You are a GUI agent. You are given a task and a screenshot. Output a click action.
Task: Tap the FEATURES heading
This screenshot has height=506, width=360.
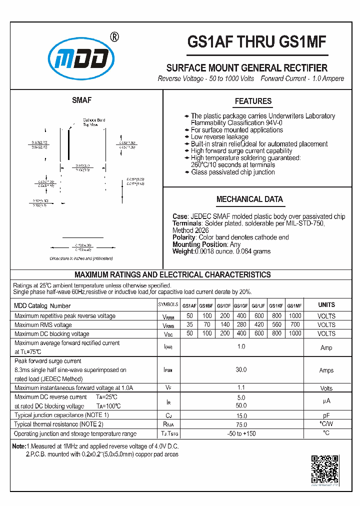pos(253,101)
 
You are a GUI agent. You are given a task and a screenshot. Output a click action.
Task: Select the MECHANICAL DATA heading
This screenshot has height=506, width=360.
pos(249,199)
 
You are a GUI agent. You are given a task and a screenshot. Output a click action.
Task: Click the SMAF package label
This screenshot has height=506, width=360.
pos(81,100)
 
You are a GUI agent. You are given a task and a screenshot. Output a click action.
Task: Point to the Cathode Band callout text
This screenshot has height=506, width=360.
pos(94,120)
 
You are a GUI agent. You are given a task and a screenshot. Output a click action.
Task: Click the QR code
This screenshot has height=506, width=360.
pos(324,469)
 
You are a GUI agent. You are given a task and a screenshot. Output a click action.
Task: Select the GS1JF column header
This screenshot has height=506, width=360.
pos(258,305)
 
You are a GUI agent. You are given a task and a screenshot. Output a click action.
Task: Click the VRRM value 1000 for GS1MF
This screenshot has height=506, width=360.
pos(295,316)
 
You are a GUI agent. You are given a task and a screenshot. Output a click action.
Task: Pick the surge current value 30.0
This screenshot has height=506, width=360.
pos(241,370)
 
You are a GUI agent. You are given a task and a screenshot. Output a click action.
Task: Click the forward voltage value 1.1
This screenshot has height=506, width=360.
pos(241,388)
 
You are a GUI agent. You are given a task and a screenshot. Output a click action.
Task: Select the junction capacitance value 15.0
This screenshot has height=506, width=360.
pos(241,416)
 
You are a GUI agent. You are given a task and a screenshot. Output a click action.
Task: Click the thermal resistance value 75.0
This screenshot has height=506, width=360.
pos(241,424)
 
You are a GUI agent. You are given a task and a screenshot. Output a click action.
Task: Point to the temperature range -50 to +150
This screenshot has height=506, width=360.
pos(241,433)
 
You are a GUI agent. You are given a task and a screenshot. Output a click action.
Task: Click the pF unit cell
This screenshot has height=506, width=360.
pos(326,416)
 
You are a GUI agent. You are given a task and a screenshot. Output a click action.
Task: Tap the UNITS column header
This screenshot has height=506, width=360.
pos(326,305)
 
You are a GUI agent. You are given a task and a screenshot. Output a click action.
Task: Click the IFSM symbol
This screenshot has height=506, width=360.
pos(168,370)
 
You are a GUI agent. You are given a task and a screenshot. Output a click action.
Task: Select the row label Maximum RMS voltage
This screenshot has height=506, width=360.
pos(43,325)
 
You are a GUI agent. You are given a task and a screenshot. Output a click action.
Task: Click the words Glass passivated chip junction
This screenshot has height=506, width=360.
pos(232,172)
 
